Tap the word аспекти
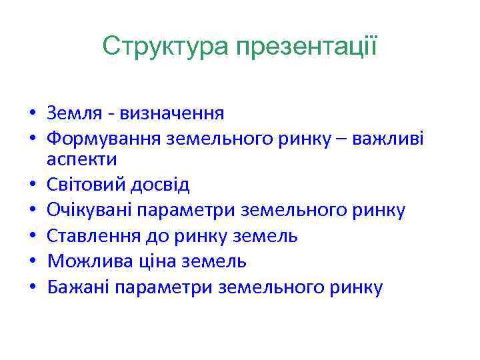[x=82, y=159]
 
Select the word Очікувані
[x=89, y=211]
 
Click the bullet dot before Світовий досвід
[x=33, y=185]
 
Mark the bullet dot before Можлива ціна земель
[x=33, y=262]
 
